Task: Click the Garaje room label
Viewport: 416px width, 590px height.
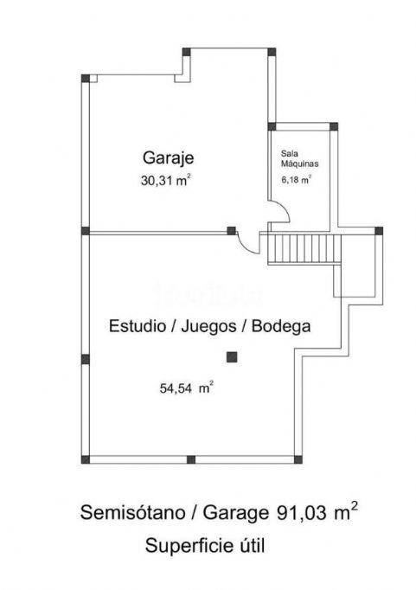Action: coord(168,158)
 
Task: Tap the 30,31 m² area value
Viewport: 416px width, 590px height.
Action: coord(166,180)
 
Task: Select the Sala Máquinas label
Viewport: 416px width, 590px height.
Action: coord(300,158)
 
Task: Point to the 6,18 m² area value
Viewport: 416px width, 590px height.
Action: coord(297,179)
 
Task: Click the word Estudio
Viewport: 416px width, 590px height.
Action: coord(138,326)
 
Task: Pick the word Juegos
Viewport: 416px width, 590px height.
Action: coord(208,327)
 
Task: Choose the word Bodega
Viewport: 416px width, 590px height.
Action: coord(281,326)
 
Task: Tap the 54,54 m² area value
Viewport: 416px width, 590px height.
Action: coord(187,388)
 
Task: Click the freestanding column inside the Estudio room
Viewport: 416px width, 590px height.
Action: coord(232,357)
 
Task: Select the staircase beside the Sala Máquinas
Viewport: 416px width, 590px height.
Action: coord(304,249)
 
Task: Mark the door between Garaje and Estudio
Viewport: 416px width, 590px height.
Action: coord(248,242)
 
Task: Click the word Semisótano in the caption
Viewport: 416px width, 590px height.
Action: coord(133,512)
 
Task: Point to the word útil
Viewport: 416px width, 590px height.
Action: coord(252,546)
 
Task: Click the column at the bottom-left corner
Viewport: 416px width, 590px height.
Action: coord(86,459)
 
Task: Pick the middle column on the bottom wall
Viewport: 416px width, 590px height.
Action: coord(191,459)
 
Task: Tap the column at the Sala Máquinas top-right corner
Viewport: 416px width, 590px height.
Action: coord(334,126)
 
